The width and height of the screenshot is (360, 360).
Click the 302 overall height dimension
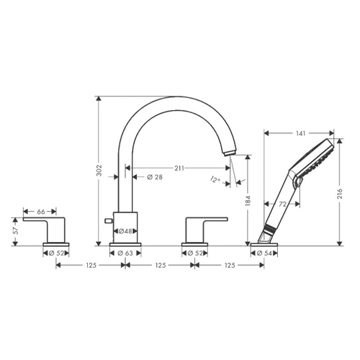99,170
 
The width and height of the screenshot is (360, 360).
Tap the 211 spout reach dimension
179,168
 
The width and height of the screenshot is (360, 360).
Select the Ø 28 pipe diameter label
155,177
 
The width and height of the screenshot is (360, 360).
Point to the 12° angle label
215,179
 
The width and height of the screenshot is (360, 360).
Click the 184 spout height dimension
248,201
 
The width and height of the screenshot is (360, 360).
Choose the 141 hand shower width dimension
300,133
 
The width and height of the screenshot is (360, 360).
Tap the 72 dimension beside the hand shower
283,204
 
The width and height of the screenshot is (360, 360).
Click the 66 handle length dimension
41,212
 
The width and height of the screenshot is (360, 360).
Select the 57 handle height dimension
15,230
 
